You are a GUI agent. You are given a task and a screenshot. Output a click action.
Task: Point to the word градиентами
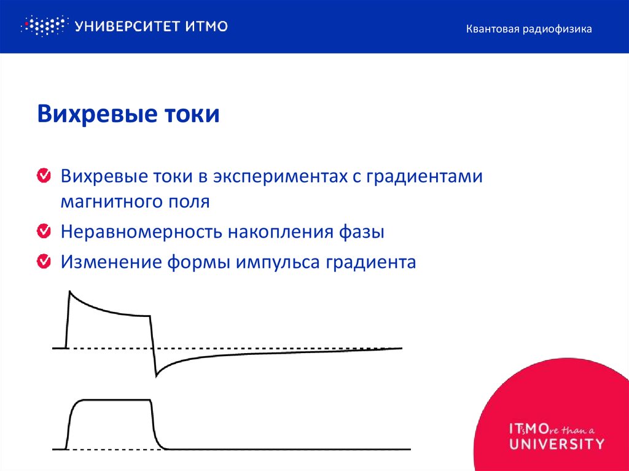(424, 177)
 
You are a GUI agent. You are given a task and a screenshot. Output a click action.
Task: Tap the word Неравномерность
(141, 232)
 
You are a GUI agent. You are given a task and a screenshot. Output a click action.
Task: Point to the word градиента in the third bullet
(371, 263)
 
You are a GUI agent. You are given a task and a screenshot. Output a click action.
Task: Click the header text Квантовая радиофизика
(528, 29)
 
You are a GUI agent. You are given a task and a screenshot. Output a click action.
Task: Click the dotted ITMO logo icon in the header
(43, 26)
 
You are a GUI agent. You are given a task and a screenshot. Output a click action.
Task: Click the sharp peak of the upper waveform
(70, 292)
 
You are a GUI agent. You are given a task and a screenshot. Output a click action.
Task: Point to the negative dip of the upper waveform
(157, 375)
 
